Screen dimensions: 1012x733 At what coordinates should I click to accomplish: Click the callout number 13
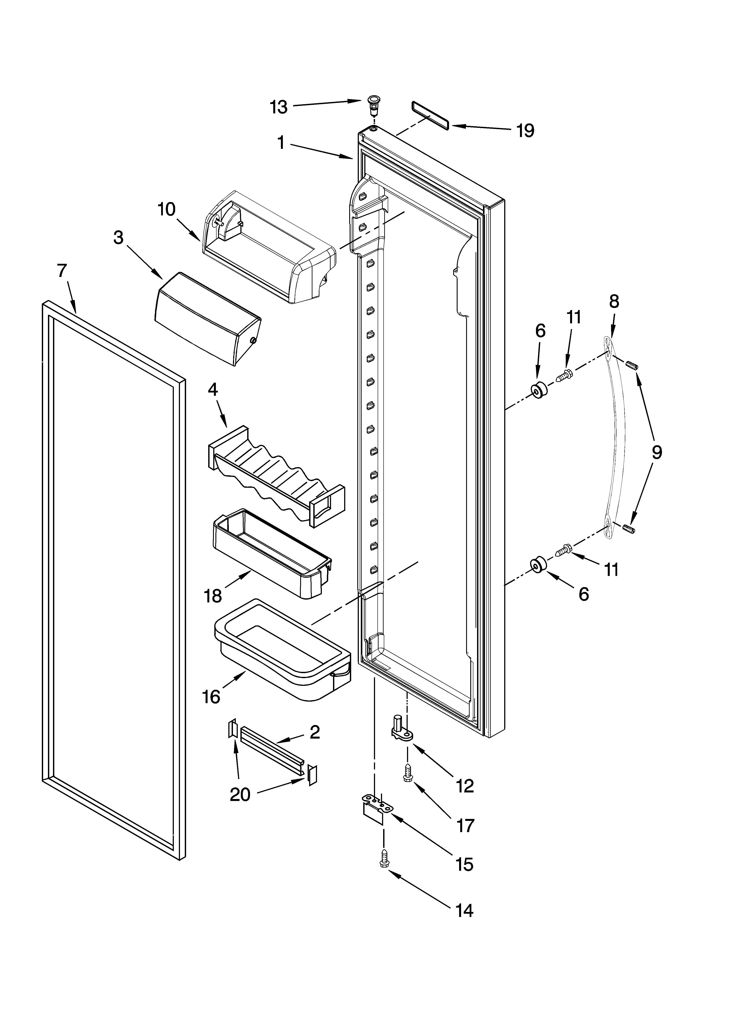click(x=279, y=107)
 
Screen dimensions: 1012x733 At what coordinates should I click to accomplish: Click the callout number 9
click(x=656, y=453)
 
